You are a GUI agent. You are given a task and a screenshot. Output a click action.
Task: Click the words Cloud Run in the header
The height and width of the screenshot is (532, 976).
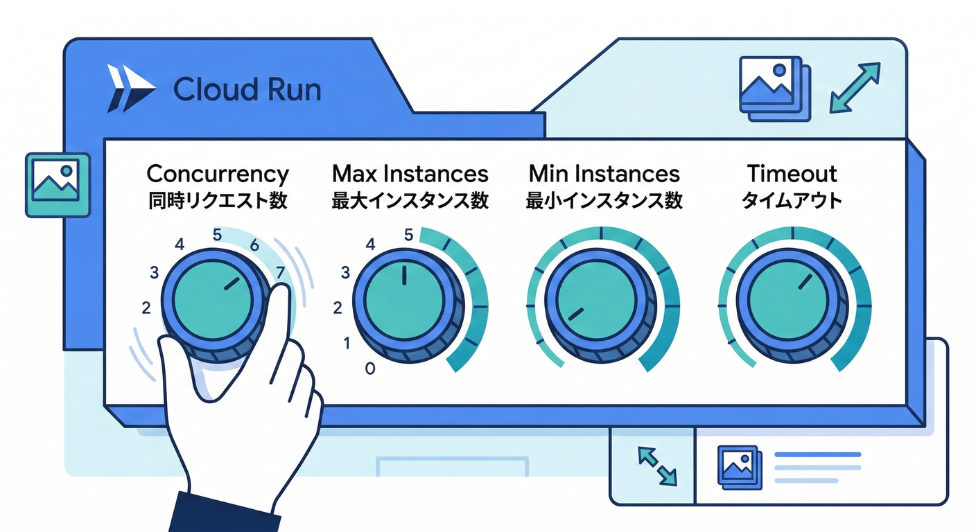[247, 90]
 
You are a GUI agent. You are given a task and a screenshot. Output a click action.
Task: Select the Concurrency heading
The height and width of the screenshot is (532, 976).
[218, 173]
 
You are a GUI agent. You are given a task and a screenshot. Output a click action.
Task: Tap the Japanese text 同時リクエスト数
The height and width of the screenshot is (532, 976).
[218, 201]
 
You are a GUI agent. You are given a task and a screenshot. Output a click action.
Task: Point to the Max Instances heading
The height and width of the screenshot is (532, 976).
[410, 173]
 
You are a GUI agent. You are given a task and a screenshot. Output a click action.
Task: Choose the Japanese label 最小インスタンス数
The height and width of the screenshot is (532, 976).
[604, 201]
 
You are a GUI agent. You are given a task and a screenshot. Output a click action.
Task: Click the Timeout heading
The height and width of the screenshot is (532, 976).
[792, 173]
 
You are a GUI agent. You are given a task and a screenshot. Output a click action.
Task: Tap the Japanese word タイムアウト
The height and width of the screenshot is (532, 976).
[792, 201]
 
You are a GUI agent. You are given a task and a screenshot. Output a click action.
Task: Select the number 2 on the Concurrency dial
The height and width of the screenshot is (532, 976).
[146, 308]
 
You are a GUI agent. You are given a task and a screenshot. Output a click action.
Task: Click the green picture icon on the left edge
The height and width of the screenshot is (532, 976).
[57, 181]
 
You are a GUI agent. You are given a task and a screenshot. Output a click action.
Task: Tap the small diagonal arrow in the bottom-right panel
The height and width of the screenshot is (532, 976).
[656, 465]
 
